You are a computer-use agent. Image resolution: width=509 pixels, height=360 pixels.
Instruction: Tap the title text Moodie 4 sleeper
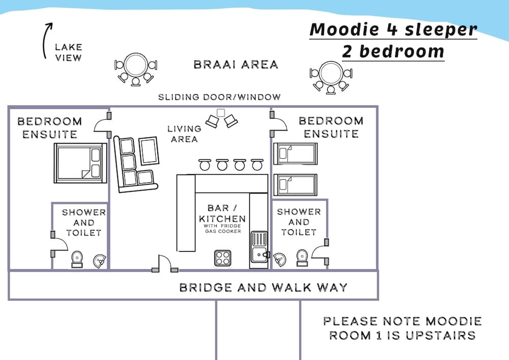point(393,29)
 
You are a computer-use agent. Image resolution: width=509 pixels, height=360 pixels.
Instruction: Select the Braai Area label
point(236,65)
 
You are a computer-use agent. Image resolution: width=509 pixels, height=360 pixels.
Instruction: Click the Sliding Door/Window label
point(219,97)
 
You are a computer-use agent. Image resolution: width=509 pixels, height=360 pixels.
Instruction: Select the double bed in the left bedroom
point(80,163)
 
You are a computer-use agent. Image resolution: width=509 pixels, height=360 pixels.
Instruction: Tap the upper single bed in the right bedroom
point(296,154)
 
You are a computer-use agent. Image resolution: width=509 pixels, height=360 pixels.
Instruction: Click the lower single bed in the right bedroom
point(296,185)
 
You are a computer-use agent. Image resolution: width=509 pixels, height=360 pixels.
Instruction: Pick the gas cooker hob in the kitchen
point(222,258)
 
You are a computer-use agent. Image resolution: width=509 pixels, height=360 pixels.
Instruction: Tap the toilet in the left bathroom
point(77,259)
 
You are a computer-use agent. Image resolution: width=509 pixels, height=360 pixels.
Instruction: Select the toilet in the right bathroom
point(302,257)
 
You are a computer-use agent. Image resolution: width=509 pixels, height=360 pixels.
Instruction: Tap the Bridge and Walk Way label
point(263,287)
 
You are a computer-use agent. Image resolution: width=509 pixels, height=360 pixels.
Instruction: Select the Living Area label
point(184,134)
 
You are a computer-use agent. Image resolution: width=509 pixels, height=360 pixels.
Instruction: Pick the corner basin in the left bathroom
point(100,261)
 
